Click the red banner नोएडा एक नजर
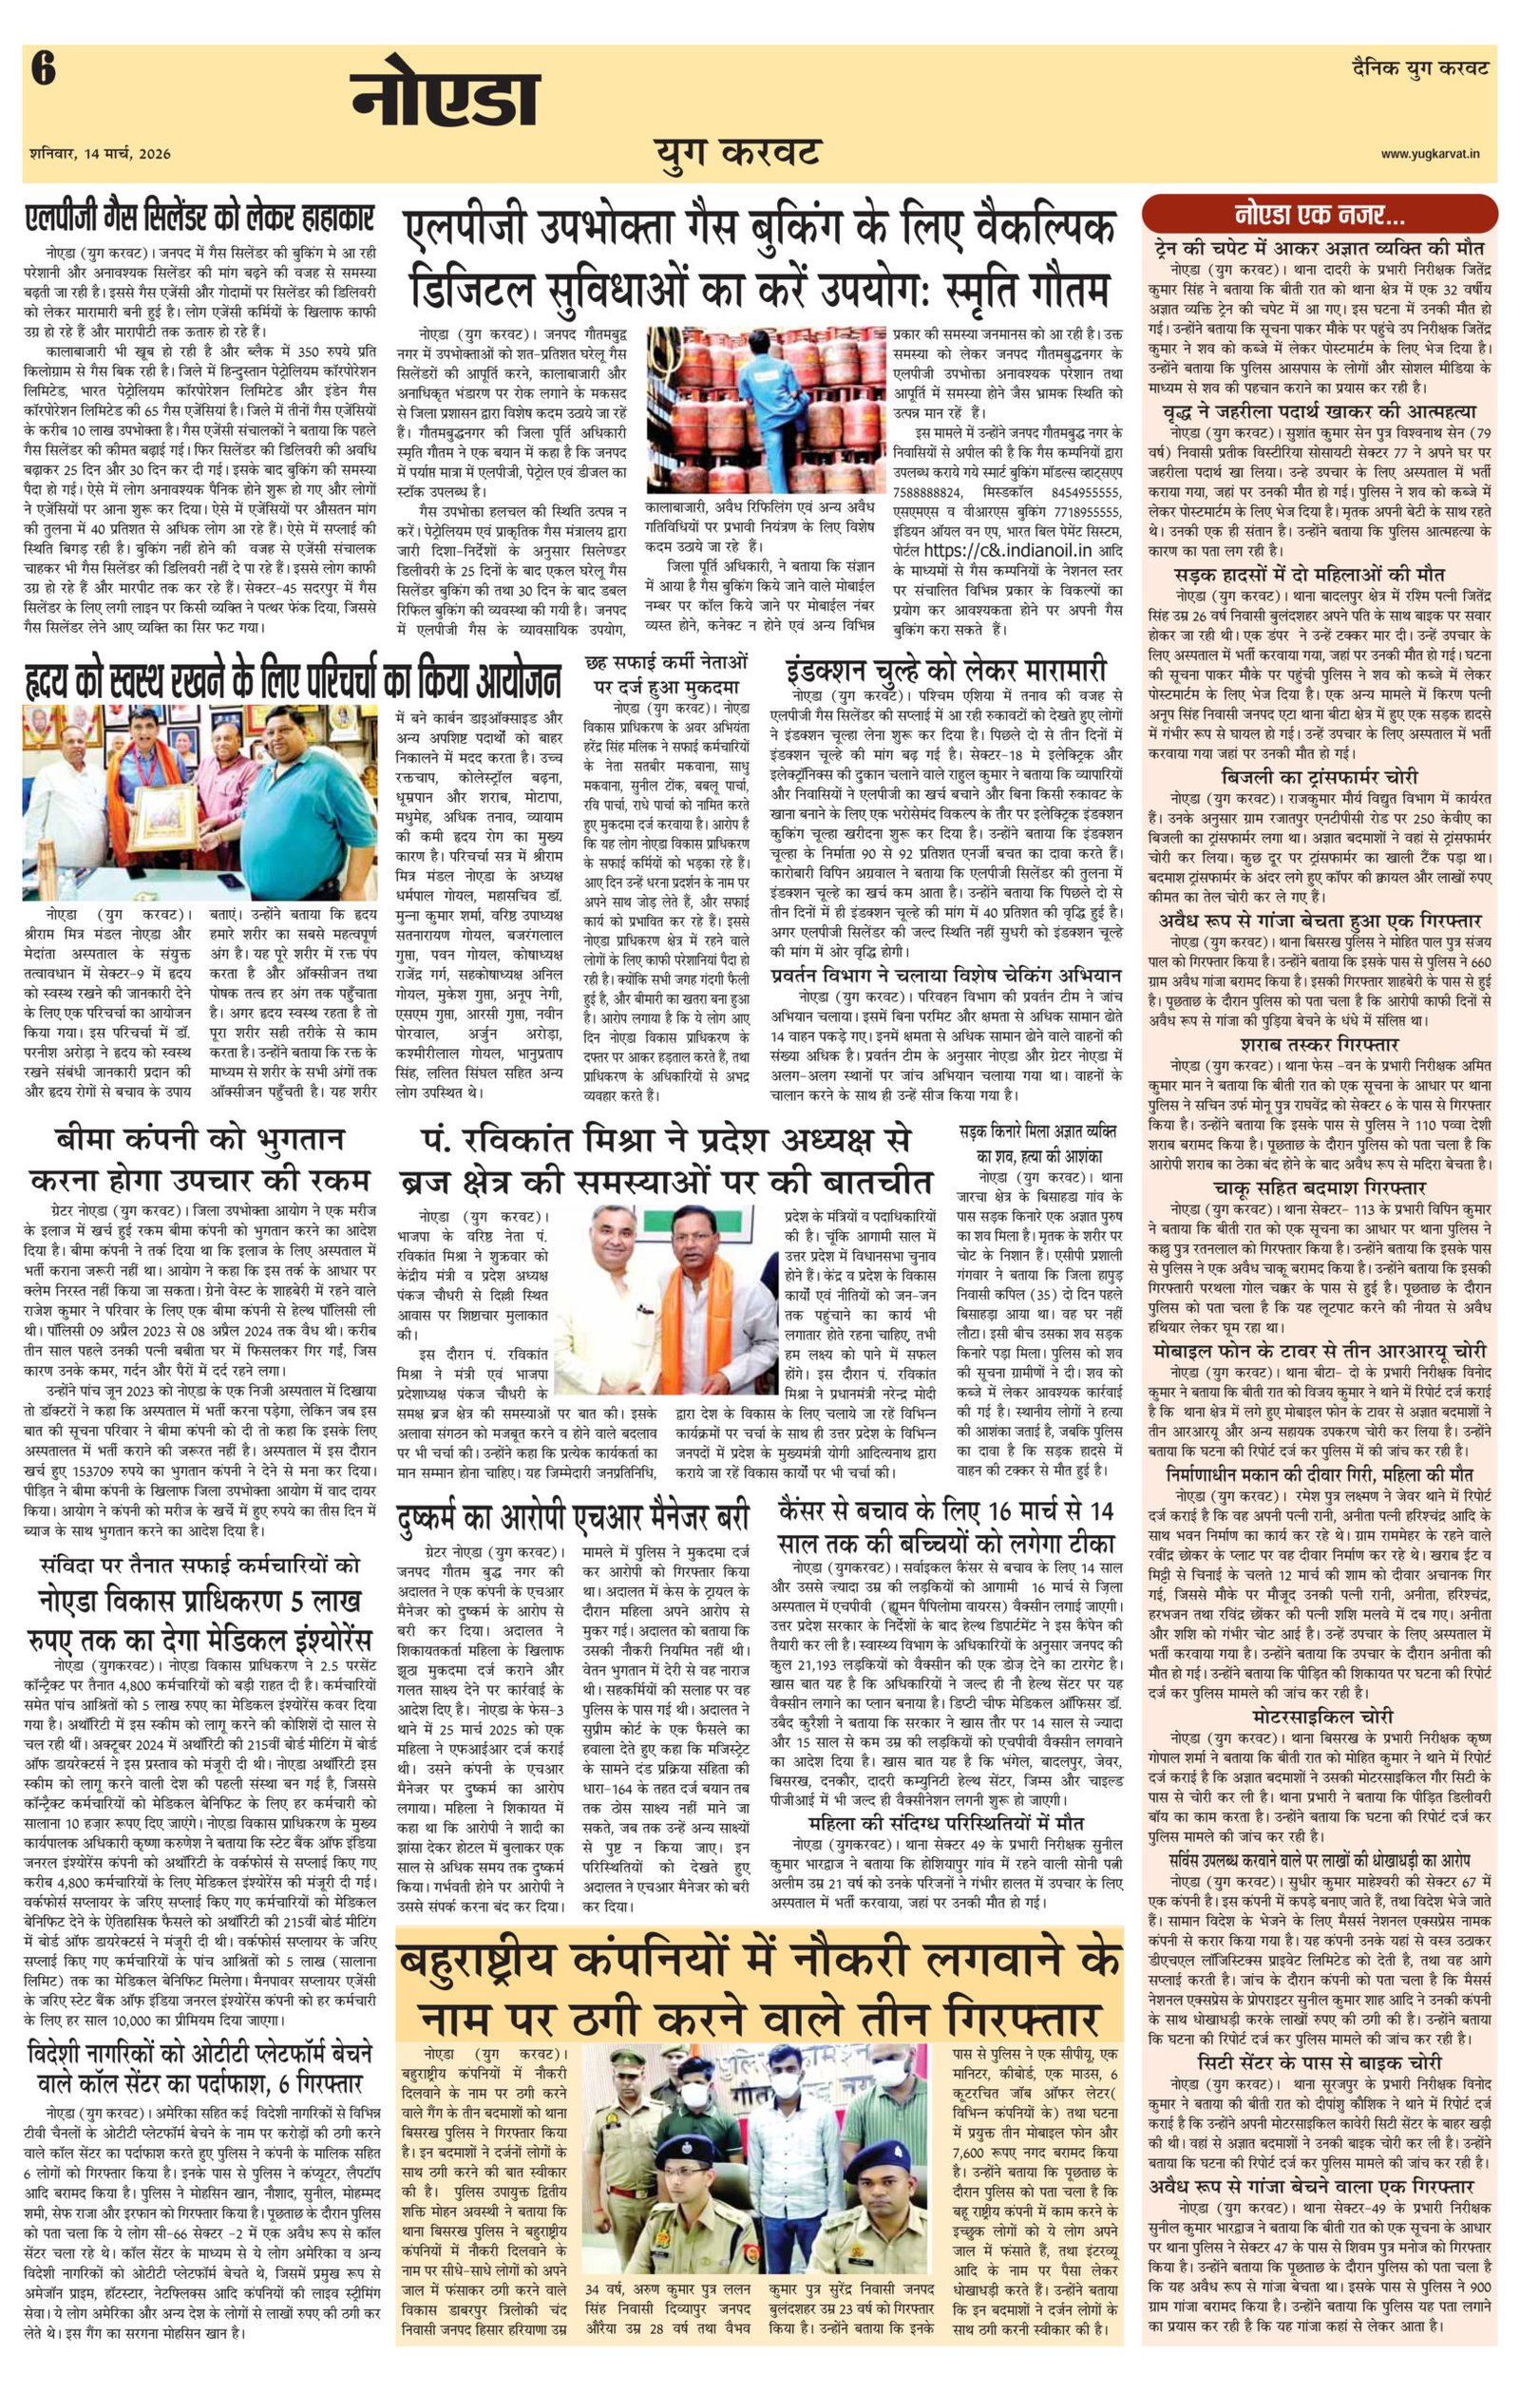coord(1320,214)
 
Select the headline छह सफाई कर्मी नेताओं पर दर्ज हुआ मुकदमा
coord(667,674)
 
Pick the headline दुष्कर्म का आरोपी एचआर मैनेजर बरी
coord(571,1517)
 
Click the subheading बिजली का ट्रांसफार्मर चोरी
coord(1320,776)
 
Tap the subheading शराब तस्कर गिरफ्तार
coord(1320,1044)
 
